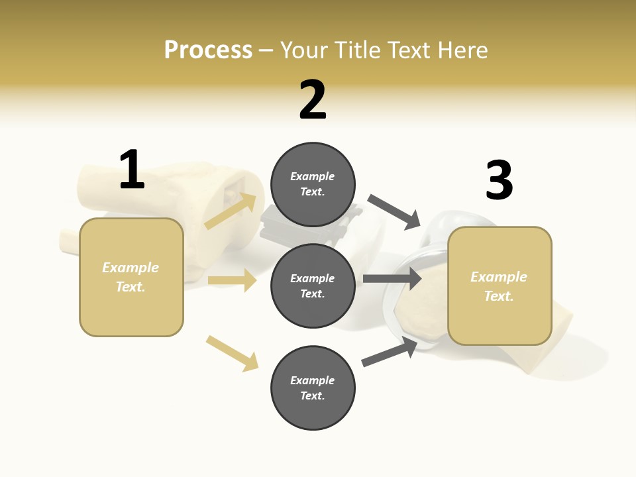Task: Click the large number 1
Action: [x=132, y=170]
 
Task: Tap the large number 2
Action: [x=313, y=101]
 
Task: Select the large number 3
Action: [x=499, y=181]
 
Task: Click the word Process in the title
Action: [x=208, y=50]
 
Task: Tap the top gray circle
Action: [x=313, y=184]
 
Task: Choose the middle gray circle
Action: [x=313, y=286]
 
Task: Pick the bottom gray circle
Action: [x=313, y=388]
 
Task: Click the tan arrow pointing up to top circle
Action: [x=231, y=211]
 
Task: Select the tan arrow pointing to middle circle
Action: [x=232, y=280]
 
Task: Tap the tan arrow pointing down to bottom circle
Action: [x=232, y=353]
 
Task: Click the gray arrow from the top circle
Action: [x=394, y=211]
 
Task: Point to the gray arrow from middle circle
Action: [x=392, y=278]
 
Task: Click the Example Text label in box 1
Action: [x=131, y=277]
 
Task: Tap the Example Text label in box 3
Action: [x=499, y=286]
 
